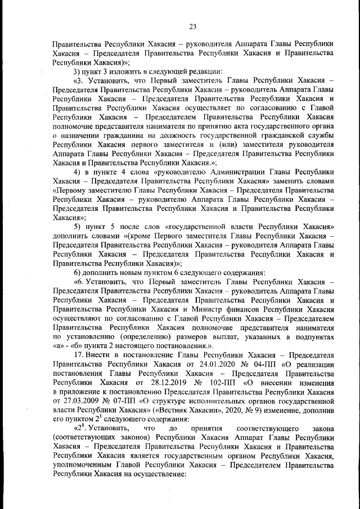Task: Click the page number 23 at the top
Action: point(192,26)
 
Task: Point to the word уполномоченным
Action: point(82,465)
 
